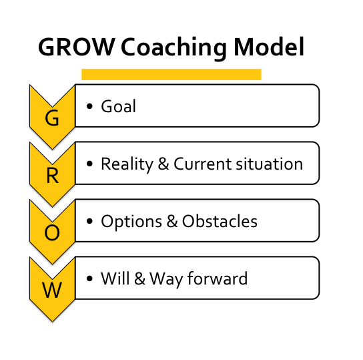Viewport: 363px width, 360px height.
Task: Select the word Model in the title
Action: pos(271,47)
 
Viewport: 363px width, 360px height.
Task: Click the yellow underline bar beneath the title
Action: pos(171,74)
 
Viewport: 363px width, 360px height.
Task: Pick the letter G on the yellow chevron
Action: pos(51,119)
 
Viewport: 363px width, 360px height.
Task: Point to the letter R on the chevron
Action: pos(51,176)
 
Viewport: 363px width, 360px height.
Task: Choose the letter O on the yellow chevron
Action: pos(51,233)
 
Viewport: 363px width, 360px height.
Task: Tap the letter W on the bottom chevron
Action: pos(51,291)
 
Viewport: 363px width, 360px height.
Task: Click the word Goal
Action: pos(118,106)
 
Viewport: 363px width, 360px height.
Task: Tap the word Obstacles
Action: pos(223,221)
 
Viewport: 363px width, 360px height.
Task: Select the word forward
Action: pos(217,278)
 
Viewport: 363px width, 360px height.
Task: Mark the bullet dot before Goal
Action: pos(89,107)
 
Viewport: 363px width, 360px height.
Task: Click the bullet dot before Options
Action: pos(89,222)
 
